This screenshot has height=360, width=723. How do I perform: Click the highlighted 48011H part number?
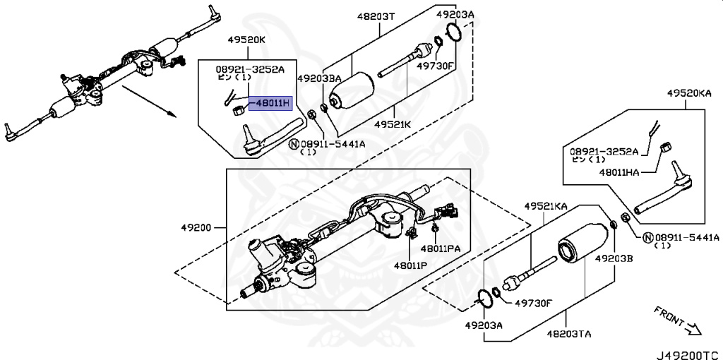click(272, 103)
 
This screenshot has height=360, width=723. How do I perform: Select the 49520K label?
click(246, 40)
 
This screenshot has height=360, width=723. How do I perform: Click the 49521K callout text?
click(393, 124)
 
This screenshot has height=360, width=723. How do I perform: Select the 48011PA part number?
click(441, 248)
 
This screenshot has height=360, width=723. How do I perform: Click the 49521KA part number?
click(545, 206)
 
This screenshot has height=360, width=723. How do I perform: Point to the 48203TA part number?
click(567, 332)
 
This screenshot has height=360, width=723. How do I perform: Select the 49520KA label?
click(689, 92)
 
